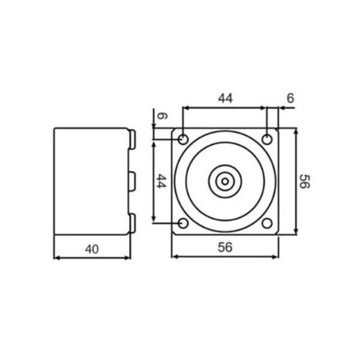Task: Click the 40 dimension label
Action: click(x=92, y=249)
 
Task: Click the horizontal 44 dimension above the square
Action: click(x=225, y=98)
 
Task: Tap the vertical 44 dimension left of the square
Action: click(x=160, y=181)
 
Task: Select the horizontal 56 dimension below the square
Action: click(x=225, y=247)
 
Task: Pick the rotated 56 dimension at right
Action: click(x=305, y=181)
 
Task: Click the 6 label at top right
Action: click(x=290, y=98)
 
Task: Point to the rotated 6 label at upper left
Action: click(x=162, y=116)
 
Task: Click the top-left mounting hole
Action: click(x=183, y=139)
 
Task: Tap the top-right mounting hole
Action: click(x=267, y=139)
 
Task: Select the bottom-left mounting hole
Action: click(x=183, y=223)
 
